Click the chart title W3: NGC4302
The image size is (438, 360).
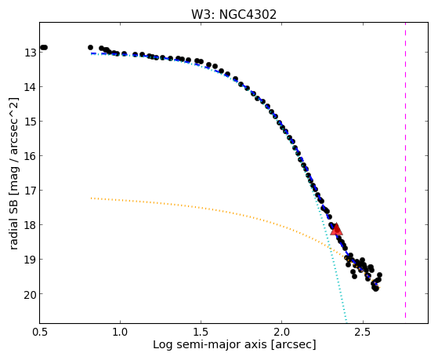(233, 14)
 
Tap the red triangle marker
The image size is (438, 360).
(336, 229)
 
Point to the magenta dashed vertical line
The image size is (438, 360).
(405, 170)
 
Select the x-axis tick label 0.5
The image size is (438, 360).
(39, 332)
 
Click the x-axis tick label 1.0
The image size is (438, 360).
(120, 332)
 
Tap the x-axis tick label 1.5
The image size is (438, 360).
(201, 332)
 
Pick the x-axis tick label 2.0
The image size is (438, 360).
(282, 332)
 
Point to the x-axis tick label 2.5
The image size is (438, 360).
(363, 332)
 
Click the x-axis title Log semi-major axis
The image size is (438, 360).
(210, 344)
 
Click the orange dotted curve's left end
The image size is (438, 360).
(92, 198)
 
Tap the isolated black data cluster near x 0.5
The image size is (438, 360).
(43, 48)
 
